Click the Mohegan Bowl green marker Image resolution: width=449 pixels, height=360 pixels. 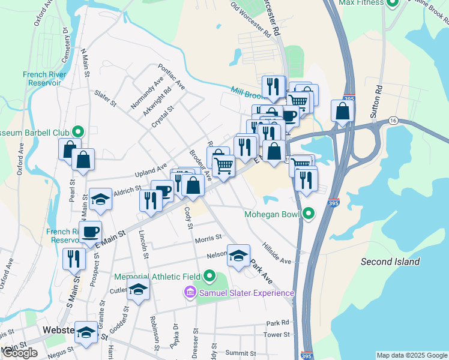point(309,214)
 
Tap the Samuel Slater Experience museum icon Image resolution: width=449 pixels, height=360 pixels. point(190,293)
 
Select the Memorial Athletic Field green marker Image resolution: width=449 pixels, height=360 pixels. point(209,277)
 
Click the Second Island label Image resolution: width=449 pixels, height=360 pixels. point(390,262)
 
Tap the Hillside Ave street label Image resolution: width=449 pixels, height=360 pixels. point(276,254)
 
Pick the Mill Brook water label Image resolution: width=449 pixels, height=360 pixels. point(247,91)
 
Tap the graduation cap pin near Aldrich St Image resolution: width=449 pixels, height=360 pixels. point(100,199)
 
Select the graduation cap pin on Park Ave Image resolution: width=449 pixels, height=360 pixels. point(238,256)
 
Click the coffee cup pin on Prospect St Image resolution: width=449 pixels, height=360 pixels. point(91,232)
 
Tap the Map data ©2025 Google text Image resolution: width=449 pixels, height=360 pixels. point(411,355)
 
